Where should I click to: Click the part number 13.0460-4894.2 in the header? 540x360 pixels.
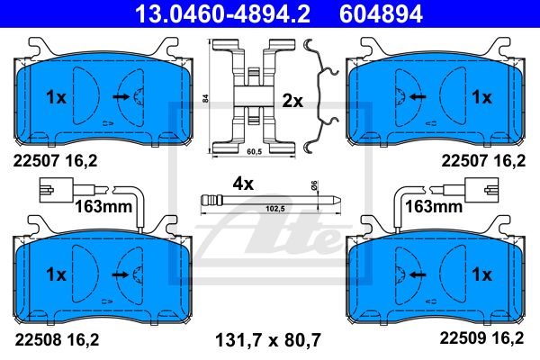pos(222,13)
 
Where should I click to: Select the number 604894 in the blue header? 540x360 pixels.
pos(381,13)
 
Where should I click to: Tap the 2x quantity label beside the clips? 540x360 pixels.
pos(292,102)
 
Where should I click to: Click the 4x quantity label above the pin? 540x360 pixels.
pos(243,184)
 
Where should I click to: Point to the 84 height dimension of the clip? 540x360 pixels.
pos(206,99)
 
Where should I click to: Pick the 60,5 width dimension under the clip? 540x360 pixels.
pos(255,151)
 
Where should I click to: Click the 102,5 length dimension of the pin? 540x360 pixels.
pos(275,209)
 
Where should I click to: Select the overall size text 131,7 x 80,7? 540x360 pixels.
pos(267,340)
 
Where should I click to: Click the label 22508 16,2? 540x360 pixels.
pos(57,339)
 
